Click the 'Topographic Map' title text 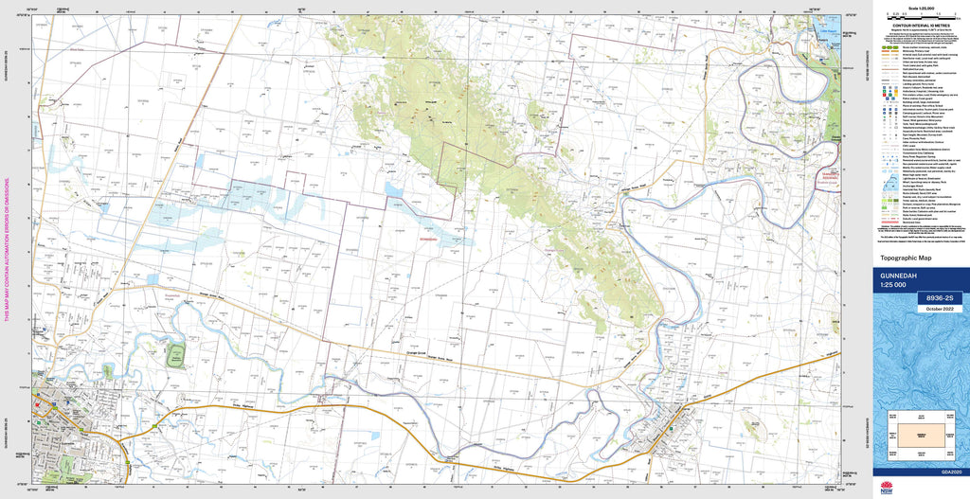pyautogui.click(x=907, y=258)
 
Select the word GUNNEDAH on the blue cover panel pyautogui.click(x=901, y=277)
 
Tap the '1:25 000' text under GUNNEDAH pyautogui.click(x=894, y=287)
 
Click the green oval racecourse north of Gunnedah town pyautogui.click(x=176, y=357)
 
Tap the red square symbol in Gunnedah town pyautogui.click(x=37, y=404)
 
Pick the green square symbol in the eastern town pyautogui.click(x=672, y=428)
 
